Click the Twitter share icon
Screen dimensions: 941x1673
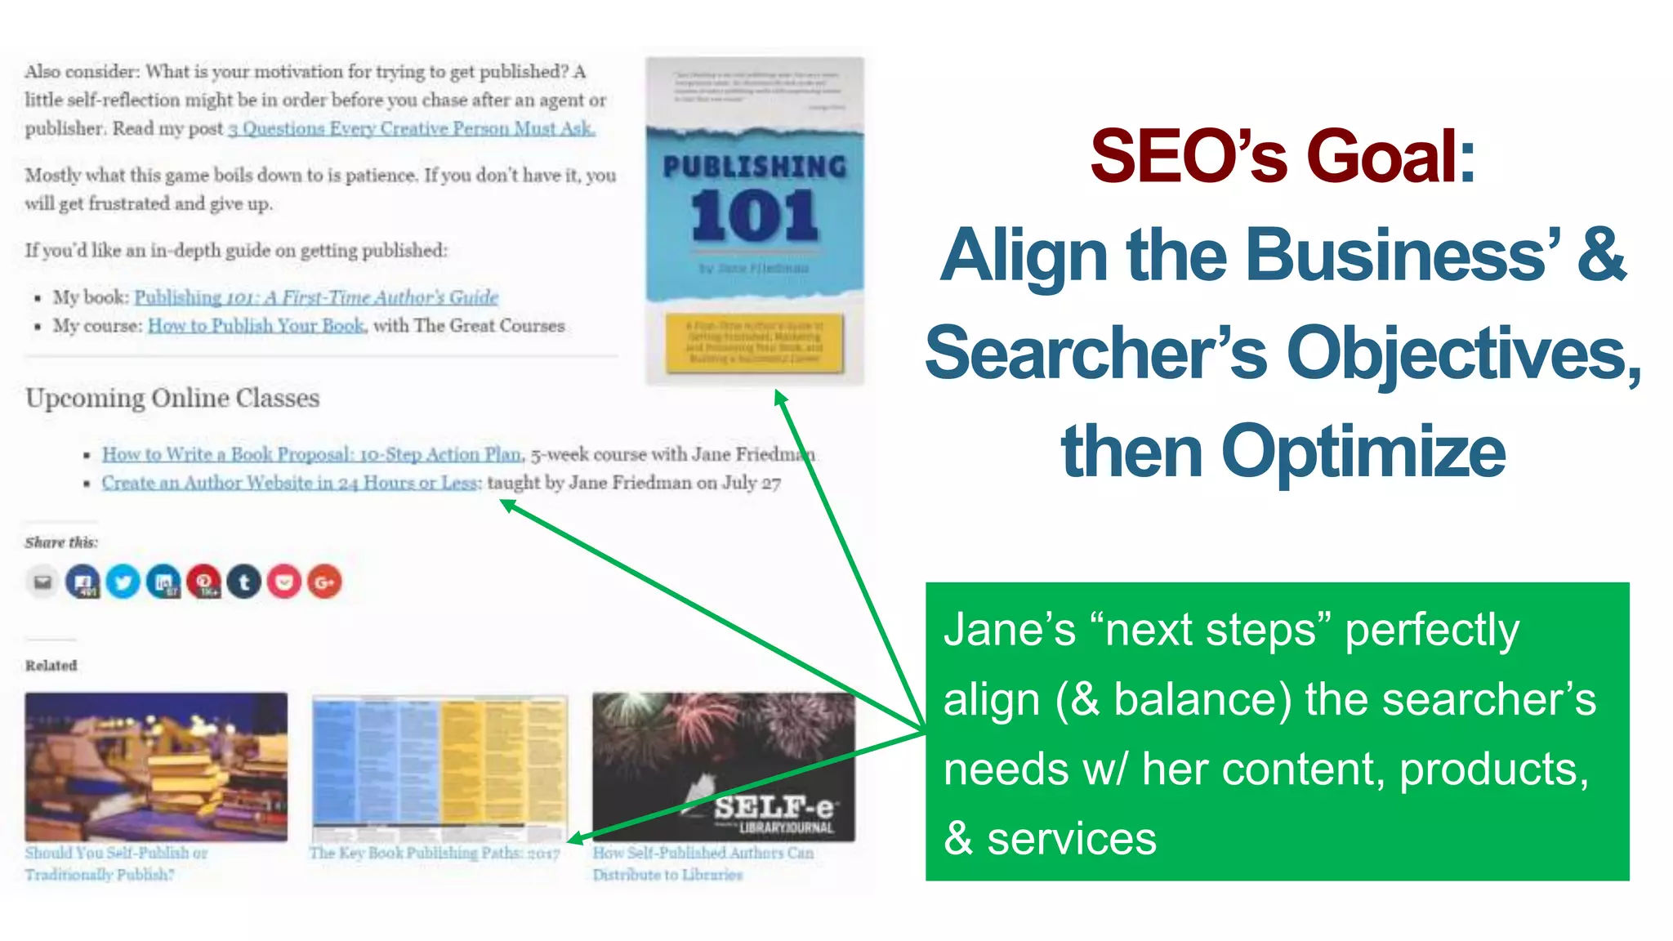coord(123,582)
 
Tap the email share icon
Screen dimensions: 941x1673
coord(42,582)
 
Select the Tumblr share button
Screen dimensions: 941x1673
coord(244,582)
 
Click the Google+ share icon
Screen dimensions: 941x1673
coord(324,582)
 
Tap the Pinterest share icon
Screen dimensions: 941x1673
coord(203,582)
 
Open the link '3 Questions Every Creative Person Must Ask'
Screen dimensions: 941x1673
coord(411,128)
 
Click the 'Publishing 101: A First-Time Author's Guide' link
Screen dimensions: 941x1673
coord(316,297)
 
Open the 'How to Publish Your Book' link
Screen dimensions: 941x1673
coord(256,326)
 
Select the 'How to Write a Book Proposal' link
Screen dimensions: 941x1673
coord(311,454)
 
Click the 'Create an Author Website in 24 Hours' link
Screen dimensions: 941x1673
coord(290,483)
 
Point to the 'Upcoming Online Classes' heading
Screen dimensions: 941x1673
coord(172,398)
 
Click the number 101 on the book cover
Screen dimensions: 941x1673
coord(754,216)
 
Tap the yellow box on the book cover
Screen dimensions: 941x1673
coord(754,342)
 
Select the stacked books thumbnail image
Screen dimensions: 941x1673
coord(156,766)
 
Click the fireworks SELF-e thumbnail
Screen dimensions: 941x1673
coord(723,766)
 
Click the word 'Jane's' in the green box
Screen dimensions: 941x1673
coord(1010,631)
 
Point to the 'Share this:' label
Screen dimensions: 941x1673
coord(61,542)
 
